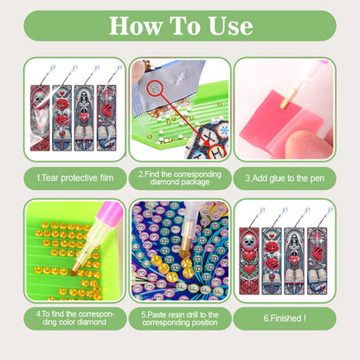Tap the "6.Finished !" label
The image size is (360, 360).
pyautogui.click(x=286, y=317)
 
